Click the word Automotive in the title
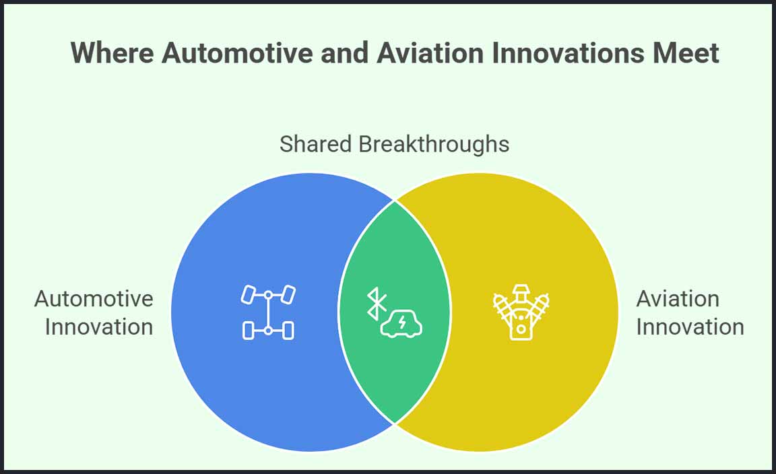click(238, 53)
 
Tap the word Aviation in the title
click(430, 53)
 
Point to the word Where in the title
click(112, 53)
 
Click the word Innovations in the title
click(568, 53)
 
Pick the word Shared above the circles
click(315, 144)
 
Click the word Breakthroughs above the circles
click(434, 144)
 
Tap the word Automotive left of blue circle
click(94, 299)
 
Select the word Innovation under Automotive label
click(99, 327)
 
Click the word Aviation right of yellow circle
click(678, 299)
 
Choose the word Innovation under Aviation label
click(690, 327)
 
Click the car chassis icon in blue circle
click(268, 312)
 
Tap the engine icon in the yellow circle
click(521, 312)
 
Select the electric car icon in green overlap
click(401, 324)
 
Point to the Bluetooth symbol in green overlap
click(376, 304)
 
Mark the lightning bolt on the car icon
click(402, 322)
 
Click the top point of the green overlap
click(395, 201)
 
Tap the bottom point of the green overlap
click(395, 424)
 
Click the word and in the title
click(345, 53)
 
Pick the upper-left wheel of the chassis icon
click(248, 294)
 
